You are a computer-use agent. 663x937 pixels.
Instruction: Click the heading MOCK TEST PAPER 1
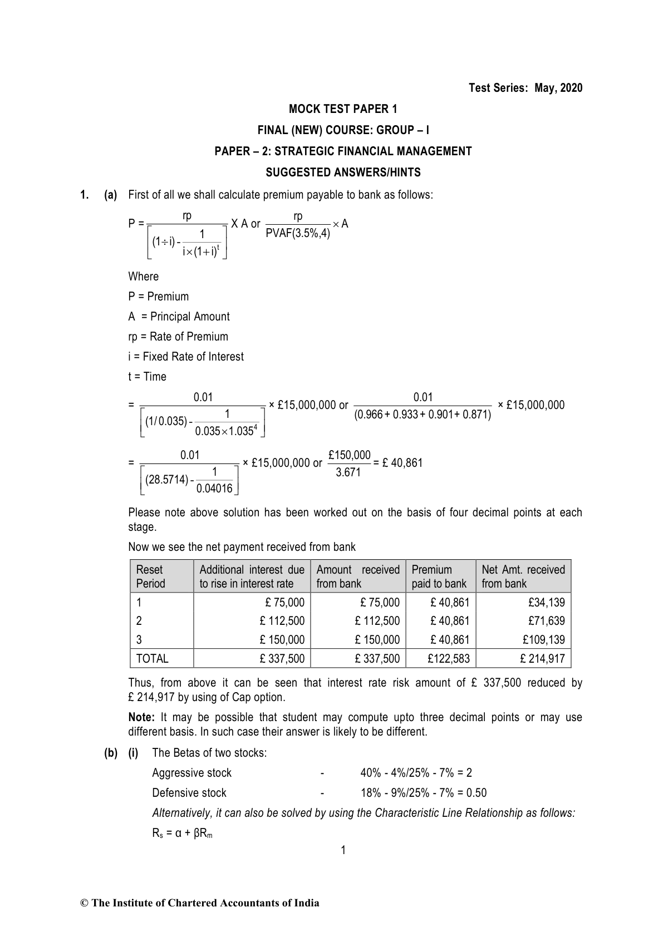tap(343, 109)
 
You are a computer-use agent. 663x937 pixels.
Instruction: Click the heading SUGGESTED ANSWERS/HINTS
tap(343, 172)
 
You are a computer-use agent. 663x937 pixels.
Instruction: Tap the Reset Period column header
tap(150, 576)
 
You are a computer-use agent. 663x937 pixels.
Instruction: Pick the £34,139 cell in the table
tap(548, 602)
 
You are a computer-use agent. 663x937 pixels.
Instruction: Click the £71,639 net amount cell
tap(548, 621)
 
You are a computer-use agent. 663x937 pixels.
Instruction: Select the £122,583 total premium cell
tap(448, 659)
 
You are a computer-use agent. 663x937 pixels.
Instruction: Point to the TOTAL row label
tap(152, 659)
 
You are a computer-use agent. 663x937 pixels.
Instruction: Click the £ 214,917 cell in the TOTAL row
tap(542, 659)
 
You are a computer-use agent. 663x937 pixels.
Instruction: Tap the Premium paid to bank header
tap(439, 576)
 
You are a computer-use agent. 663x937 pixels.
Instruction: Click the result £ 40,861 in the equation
tap(402, 463)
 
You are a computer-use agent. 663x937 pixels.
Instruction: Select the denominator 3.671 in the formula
tap(348, 472)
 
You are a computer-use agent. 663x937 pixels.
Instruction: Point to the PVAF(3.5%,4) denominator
tap(298, 233)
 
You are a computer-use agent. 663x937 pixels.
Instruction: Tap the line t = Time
tap(147, 377)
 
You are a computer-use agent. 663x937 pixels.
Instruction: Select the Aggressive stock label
tap(191, 773)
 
